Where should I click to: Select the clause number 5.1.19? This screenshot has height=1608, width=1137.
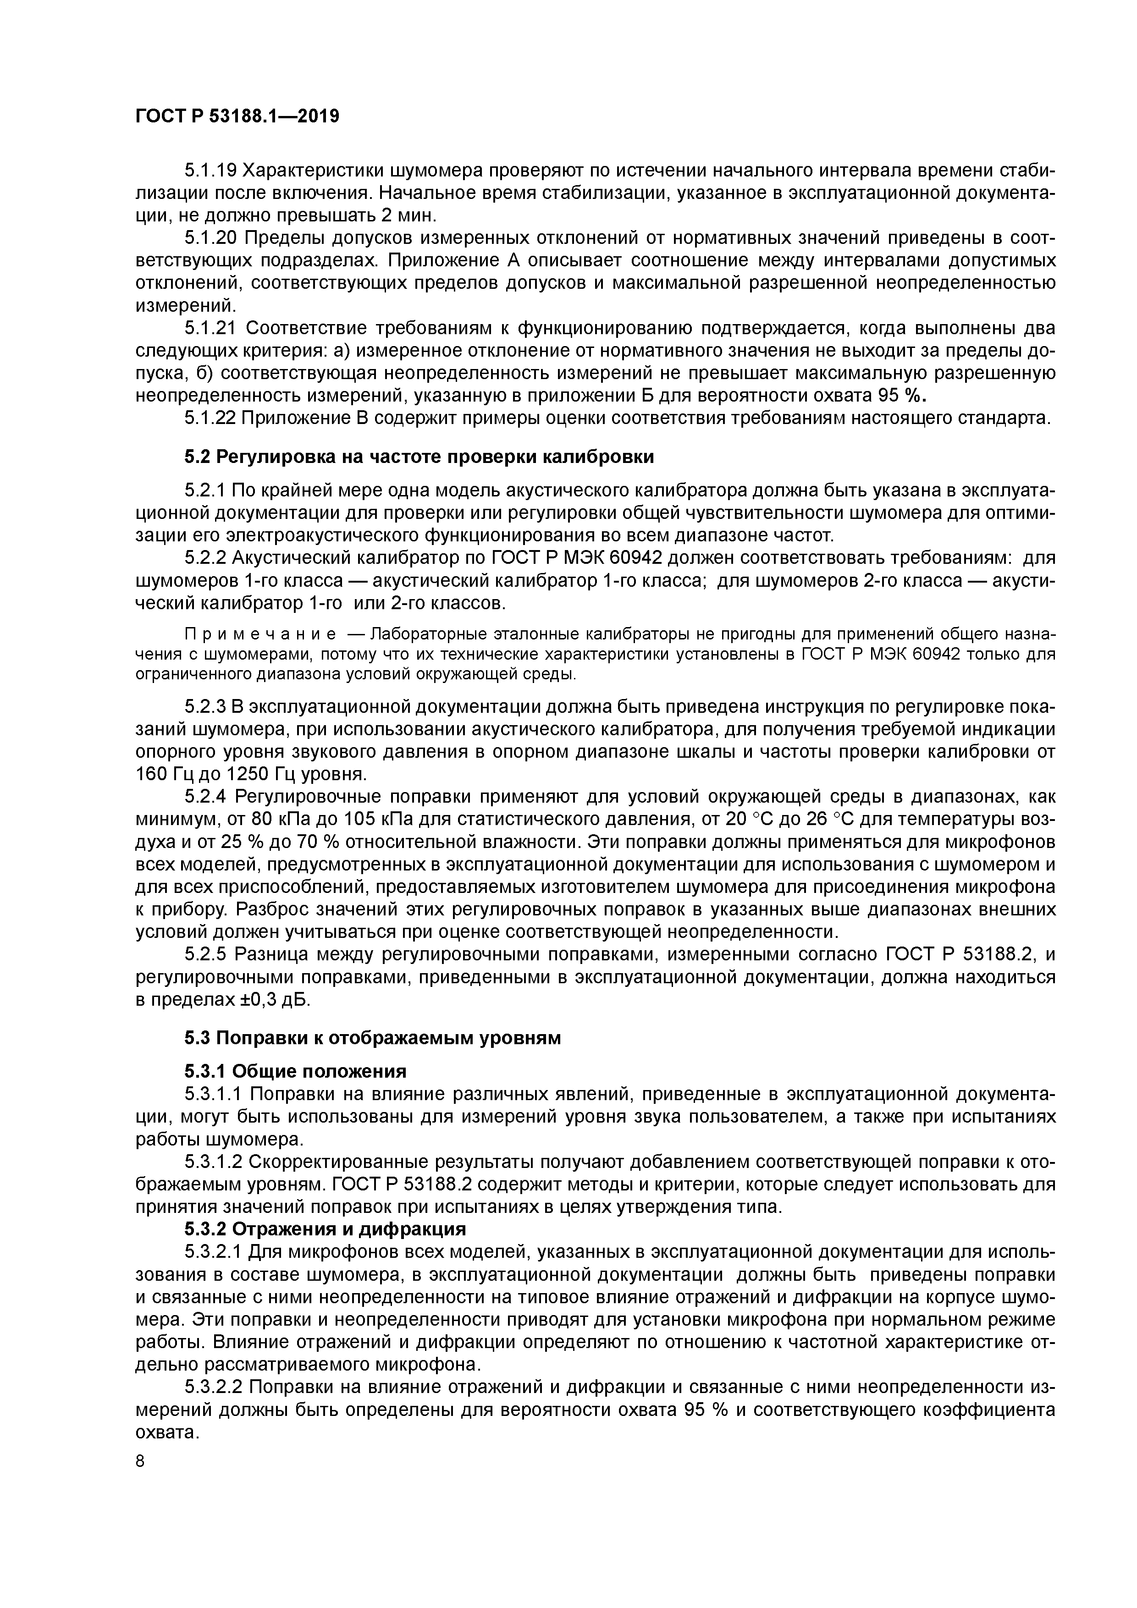210,170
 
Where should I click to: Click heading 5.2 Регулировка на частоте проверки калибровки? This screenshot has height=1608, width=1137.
419,457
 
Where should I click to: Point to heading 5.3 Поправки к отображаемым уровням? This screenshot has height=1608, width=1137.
373,1038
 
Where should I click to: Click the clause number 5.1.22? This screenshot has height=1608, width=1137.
210,418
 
